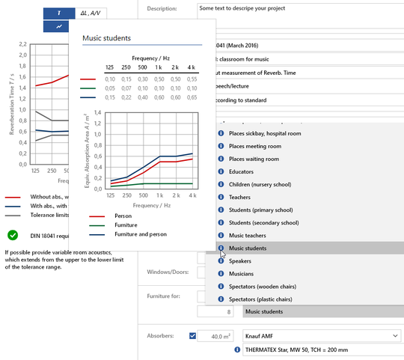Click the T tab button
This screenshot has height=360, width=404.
(59, 13)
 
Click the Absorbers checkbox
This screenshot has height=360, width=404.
(194, 336)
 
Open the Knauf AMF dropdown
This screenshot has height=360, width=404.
(322, 336)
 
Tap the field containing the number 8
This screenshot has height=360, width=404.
(218, 311)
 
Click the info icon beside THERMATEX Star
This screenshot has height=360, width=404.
(237, 350)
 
